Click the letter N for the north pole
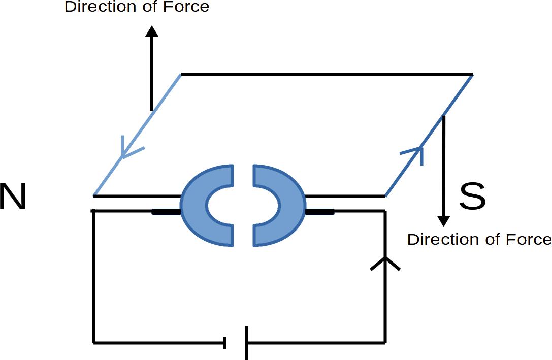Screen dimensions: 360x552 (x=13, y=197)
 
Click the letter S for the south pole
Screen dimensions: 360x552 (x=472, y=197)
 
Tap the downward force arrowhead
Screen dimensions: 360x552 (x=444, y=221)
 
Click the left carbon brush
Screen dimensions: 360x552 (x=166, y=212)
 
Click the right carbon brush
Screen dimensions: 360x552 (x=319, y=212)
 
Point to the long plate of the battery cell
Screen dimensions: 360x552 (x=247, y=343)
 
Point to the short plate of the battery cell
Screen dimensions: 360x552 (x=225, y=343)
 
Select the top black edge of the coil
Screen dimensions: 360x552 (x=325, y=75)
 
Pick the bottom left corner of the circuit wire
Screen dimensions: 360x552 (x=94, y=343)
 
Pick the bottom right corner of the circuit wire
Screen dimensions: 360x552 (x=385, y=342)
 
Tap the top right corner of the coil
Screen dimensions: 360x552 (x=472, y=75)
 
